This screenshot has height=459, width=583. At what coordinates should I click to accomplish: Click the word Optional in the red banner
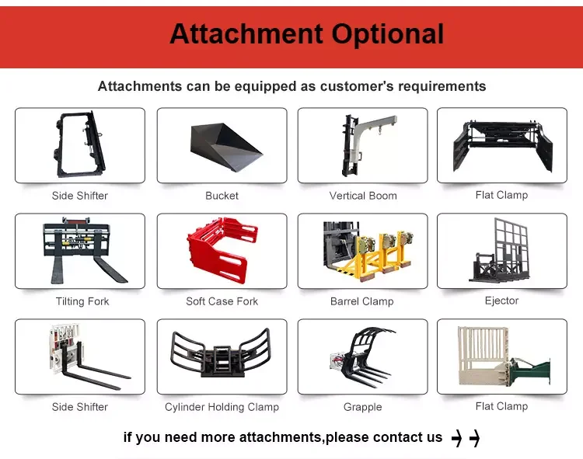click(387, 34)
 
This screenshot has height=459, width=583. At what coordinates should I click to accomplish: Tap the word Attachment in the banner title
click(246, 33)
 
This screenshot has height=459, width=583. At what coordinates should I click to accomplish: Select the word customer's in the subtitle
click(357, 86)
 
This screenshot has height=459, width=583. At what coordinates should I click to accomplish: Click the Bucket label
click(222, 196)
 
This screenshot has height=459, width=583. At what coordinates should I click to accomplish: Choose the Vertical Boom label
click(363, 196)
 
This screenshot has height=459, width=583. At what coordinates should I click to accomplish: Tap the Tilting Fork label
click(82, 301)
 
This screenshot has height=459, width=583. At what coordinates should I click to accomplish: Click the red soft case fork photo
click(222, 251)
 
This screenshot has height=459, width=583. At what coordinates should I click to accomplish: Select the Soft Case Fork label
click(222, 301)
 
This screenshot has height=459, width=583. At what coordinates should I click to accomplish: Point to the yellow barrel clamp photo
click(368, 251)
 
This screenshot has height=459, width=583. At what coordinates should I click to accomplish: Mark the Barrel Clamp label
click(361, 301)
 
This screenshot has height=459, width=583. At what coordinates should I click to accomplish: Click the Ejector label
click(501, 301)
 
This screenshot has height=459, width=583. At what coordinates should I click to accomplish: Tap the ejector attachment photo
click(500, 251)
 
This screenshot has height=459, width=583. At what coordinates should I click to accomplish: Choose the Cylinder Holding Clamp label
click(222, 407)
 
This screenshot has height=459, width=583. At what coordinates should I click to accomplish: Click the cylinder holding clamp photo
click(220, 353)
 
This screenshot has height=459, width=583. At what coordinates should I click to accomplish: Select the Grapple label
click(362, 407)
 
